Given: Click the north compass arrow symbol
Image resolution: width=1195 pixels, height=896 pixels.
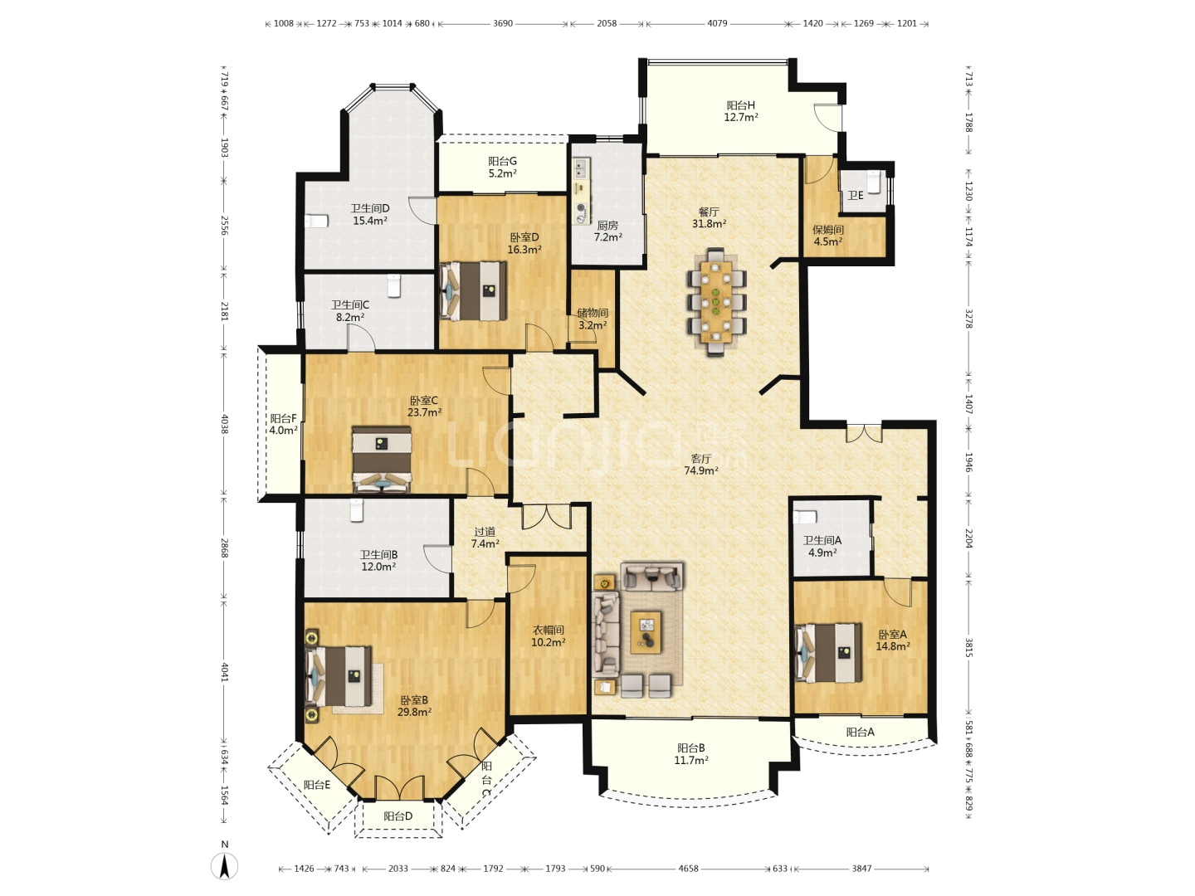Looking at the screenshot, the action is coord(224,865).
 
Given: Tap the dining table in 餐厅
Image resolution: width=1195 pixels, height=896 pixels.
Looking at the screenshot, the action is coord(716,301).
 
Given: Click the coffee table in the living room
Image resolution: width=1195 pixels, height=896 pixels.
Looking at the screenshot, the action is coord(646,632).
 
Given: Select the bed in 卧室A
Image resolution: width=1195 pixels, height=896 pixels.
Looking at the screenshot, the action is coord(828,652).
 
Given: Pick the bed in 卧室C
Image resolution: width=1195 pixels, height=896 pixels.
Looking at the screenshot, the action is coord(381,460).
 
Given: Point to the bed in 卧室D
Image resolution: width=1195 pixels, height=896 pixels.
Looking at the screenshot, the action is coord(472,291).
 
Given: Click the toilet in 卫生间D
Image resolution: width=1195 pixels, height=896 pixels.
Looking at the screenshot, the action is coord(316,221).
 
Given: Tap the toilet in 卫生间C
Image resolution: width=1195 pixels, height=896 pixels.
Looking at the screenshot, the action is coord(394,285).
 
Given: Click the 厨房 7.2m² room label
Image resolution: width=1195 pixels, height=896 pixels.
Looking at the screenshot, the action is coord(607,231).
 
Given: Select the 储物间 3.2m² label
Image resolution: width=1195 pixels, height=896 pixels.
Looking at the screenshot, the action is coord(593,319).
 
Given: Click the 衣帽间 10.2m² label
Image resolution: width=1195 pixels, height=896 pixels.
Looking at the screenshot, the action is coord(549,635).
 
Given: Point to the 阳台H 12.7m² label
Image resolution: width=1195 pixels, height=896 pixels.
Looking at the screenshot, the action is coord(741,111).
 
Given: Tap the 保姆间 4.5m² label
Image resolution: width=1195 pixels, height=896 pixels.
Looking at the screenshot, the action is coord(828,236).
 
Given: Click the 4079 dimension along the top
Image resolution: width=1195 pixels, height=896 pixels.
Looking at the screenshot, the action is coord(717,23).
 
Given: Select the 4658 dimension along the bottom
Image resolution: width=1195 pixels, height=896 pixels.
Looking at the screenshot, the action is coord(688,869).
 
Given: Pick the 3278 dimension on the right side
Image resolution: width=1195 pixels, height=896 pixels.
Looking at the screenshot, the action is coord(968,319).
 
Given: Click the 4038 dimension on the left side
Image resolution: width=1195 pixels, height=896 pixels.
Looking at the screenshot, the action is coord(224,424).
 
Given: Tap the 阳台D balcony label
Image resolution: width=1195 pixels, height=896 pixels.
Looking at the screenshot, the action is coord(398,816).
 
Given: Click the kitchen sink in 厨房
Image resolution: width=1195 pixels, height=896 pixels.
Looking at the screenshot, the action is coord(581,168).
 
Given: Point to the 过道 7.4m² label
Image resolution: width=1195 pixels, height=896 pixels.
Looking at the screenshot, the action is coord(485,538).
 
